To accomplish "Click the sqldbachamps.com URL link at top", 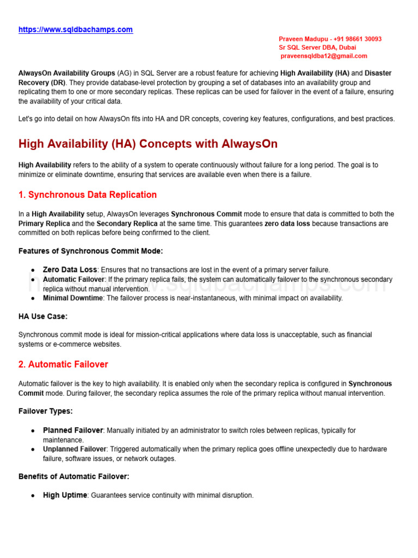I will click(76, 30).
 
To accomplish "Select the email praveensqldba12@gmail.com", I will click(324, 56).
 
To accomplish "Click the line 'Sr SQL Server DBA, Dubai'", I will click(317, 47).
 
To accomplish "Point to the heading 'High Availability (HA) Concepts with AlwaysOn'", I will click(148, 144).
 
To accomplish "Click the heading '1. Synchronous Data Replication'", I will click(88, 195).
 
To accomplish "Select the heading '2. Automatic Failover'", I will click(63, 364).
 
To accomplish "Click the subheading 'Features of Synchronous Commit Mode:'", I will click(90, 251).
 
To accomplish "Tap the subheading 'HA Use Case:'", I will click(43, 316).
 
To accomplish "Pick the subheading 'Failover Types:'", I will click(45, 411).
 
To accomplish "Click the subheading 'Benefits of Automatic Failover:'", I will click(73, 476).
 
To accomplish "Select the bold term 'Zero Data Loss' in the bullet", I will click(70, 270).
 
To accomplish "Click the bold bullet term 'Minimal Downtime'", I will click(72, 298).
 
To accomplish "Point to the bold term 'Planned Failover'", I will click(73, 430).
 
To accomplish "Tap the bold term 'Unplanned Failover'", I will click(75, 449).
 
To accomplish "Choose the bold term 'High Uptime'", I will click(65, 495).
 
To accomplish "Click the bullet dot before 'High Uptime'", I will click(33, 496).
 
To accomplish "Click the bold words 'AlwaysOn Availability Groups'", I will click(66, 73).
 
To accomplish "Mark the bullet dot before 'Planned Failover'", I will click(33, 431).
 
